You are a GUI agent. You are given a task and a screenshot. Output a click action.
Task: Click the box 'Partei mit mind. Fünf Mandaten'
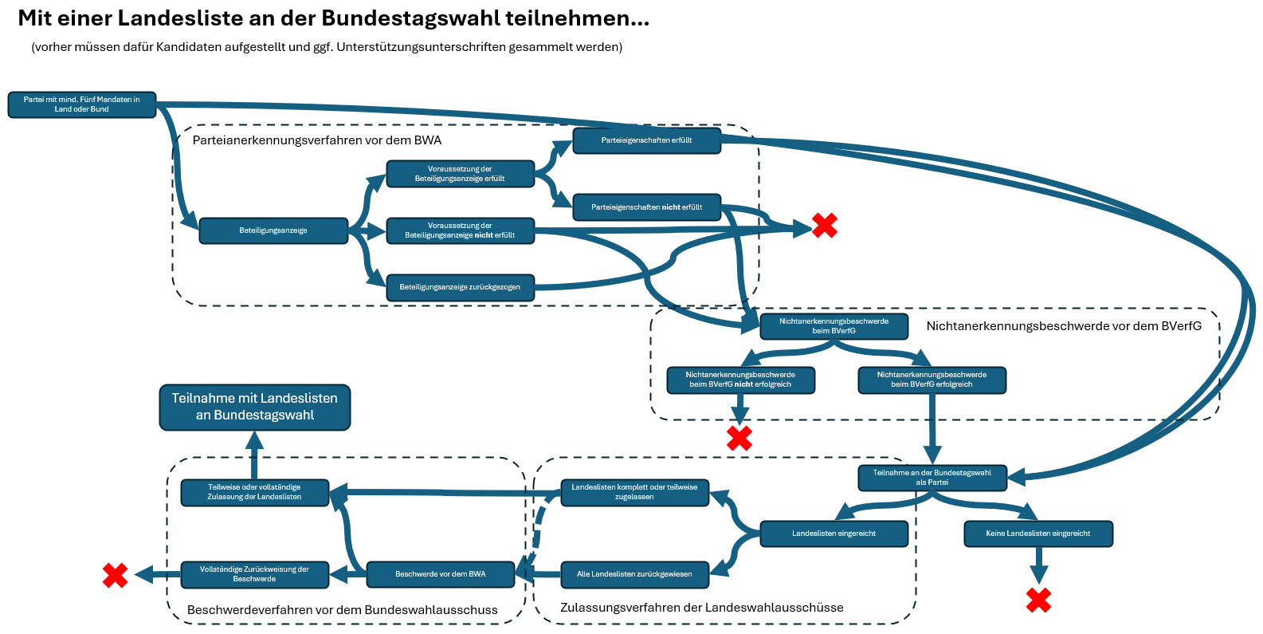pyautogui.click(x=81, y=104)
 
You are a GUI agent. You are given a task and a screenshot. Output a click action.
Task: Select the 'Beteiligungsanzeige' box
pyautogui.click(x=273, y=230)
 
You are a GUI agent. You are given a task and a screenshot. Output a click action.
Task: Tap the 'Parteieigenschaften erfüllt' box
pyautogui.click(x=646, y=140)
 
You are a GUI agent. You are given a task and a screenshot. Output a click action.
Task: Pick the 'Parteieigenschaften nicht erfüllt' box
pyautogui.click(x=646, y=207)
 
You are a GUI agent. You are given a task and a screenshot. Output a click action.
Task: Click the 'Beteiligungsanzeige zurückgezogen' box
pyautogui.click(x=460, y=287)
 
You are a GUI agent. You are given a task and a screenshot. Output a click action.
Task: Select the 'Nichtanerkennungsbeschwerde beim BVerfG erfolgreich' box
pyautogui.click(x=932, y=380)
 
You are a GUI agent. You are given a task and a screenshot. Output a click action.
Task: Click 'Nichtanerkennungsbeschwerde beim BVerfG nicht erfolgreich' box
pyautogui.click(x=740, y=380)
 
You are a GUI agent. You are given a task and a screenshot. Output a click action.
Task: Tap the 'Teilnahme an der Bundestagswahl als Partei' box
pyautogui.click(x=932, y=478)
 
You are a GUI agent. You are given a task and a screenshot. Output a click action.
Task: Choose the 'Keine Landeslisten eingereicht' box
pyautogui.click(x=1037, y=534)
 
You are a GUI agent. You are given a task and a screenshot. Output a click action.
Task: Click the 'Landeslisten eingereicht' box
pyautogui.click(x=834, y=534)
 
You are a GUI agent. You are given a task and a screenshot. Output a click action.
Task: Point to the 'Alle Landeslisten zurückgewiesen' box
pyautogui.click(x=634, y=574)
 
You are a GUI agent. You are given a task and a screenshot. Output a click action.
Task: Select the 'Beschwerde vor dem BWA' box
pyautogui.click(x=440, y=574)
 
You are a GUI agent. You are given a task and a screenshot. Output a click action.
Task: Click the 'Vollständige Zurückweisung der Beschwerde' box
pyautogui.click(x=254, y=574)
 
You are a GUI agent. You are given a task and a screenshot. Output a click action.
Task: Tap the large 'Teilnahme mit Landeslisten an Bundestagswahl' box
pyautogui.click(x=254, y=407)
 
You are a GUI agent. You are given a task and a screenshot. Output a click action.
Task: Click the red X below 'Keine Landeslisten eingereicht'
pyautogui.click(x=1038, y=600)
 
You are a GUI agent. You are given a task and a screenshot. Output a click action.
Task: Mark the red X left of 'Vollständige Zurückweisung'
pyautogui.click(x=116, y=575)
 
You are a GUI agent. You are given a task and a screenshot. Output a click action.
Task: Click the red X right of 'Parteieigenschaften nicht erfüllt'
pyautogui.click(x=824, y=226)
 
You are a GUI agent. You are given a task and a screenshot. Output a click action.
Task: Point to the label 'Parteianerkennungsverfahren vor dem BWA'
pyautogui.click(x=317, y=140)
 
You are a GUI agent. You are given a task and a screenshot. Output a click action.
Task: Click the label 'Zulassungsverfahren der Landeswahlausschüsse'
pyautogui.click(x=701, y=608)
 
